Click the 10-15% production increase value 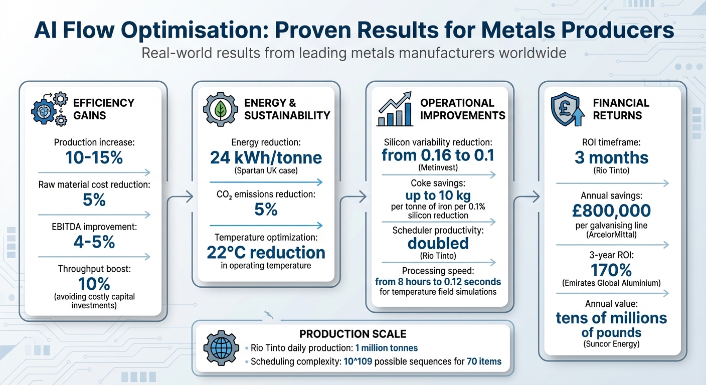[94, 158]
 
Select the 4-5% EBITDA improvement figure [94, 242]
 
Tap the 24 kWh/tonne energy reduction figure [266, 158]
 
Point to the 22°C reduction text [266, 252]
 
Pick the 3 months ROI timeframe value [611, 158]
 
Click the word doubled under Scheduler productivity [438, 243]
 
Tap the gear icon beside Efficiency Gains [48, 109]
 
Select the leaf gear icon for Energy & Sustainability [220, 109]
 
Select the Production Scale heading [352, 334]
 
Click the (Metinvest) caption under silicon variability [438, 167]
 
